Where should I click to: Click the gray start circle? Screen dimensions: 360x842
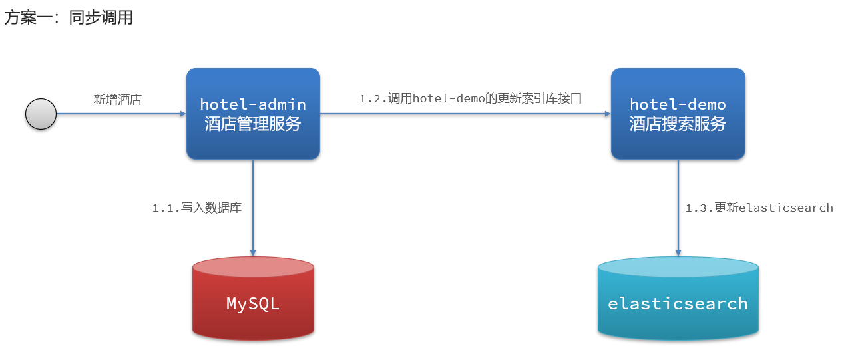pos(41,114)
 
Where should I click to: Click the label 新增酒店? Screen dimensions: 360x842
pos(118,100)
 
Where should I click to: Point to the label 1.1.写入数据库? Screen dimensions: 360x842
pos(197,208)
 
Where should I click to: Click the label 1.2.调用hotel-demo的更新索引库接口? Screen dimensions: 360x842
pos(471,98)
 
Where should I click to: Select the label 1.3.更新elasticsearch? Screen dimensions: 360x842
pos(759,208)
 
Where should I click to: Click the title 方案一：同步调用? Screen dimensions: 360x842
pos(69,18)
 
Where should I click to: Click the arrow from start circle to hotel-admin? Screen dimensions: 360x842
pos(120,114)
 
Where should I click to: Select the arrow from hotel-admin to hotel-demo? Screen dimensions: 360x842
pos(466,114)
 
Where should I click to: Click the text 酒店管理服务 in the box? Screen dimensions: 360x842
pos(253,124)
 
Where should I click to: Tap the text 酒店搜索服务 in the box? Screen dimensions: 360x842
pos(678,124)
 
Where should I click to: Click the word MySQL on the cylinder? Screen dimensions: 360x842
pos(253,304)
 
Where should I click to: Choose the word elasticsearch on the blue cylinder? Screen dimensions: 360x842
pos(678,304)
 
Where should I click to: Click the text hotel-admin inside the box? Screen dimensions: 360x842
pos(253,104)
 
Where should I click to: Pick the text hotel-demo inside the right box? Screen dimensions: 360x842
pos(678,104)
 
